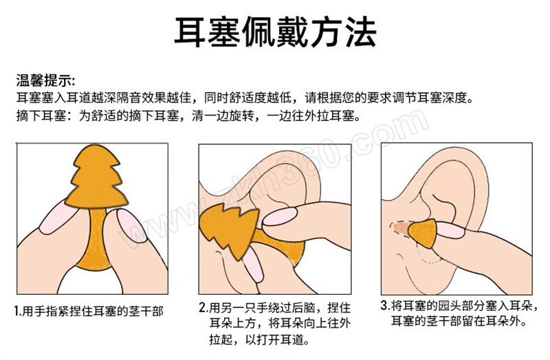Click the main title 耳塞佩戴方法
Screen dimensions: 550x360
pyautogui.click(x=276, y=32)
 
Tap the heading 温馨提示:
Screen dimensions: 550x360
pyautogui.click(x=45, y=80)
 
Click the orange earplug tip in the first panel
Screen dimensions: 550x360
pyautogui.click(x=96, y=177)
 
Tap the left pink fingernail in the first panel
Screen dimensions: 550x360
pyautogui.click(x=58, y=216)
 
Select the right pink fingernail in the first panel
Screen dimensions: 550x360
pyautogui.click(x=131, y=225)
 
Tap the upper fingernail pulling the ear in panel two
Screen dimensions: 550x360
pyautogui.click(x=280, y=216)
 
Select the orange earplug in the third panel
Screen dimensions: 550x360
pyautogui.click(x=423, y=233)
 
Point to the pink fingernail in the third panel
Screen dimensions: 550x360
pyautogui.click(x=450, y=230)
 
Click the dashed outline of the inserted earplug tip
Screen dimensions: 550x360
pyautogui.click(x=401, y=229)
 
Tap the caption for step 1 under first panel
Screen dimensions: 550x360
pyautogui.click(x=89, y=311)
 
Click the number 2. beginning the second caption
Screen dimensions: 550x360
pyautogui.click(x=203, y=308)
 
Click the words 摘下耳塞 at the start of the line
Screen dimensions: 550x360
pyautogui.click(x=41, y=115)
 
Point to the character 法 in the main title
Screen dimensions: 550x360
pyautogui.click(x=360, y=32)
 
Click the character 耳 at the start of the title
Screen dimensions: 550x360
pyautogui.click(x=190, y=32)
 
